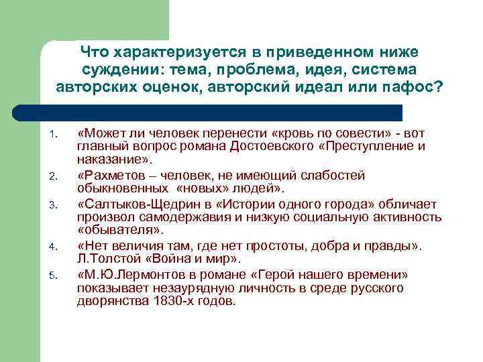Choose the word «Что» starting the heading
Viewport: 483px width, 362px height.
[95, 52]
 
